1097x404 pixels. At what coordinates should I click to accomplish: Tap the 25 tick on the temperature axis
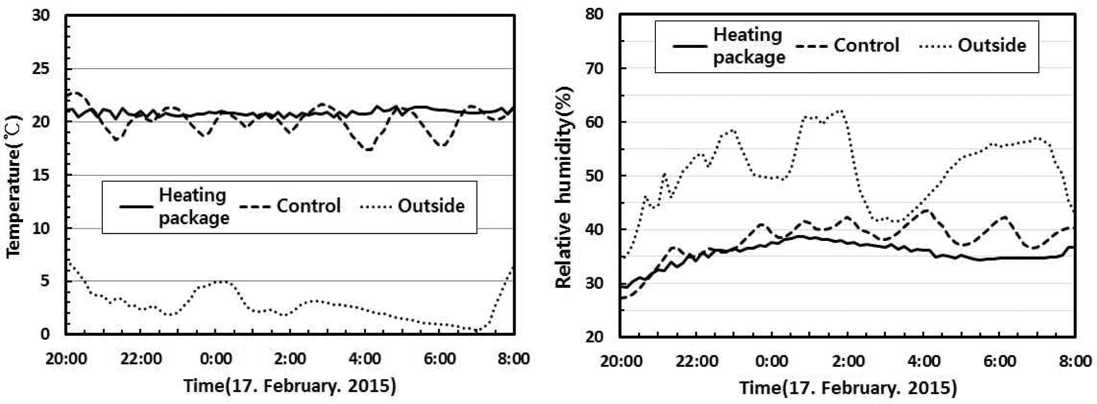coord(41,69)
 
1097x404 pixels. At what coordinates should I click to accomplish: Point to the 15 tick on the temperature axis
coord(41,175)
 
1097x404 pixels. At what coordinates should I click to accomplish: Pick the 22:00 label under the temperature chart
coord(141,359)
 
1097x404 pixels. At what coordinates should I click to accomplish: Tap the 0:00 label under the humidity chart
coord(772,361)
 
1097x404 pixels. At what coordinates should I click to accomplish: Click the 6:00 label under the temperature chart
coord(439,359)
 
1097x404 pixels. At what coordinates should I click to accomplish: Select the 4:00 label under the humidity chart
coord(924,361)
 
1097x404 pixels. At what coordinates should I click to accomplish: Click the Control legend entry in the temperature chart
coord(308,206)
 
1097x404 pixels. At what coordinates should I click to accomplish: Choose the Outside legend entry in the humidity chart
coord(992,46)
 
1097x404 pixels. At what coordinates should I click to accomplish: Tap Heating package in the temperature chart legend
coord(193,207)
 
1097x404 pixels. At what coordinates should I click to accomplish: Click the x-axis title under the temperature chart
coord(290,386)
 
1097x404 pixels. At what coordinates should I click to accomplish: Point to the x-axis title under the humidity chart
coord(848,388)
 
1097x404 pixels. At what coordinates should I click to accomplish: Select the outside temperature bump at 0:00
coord(221,281)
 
